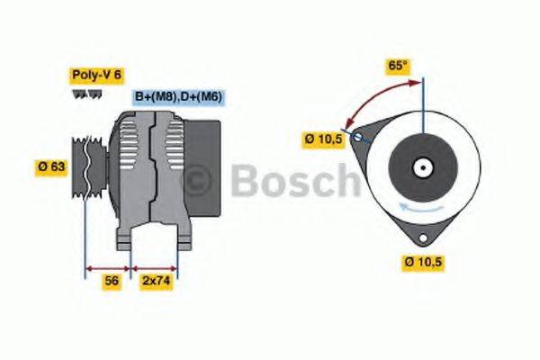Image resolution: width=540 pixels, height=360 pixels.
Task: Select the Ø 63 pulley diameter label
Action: coord(52,166)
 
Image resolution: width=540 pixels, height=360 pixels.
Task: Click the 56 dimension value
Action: coord(112,281)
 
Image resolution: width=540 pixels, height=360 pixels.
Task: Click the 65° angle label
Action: coord(397,66)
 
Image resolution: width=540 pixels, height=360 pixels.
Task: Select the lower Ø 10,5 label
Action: coord(424,262)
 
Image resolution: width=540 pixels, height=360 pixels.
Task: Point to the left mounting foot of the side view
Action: coord(126,236)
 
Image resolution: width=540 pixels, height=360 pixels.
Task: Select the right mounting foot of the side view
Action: coord(183,236)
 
